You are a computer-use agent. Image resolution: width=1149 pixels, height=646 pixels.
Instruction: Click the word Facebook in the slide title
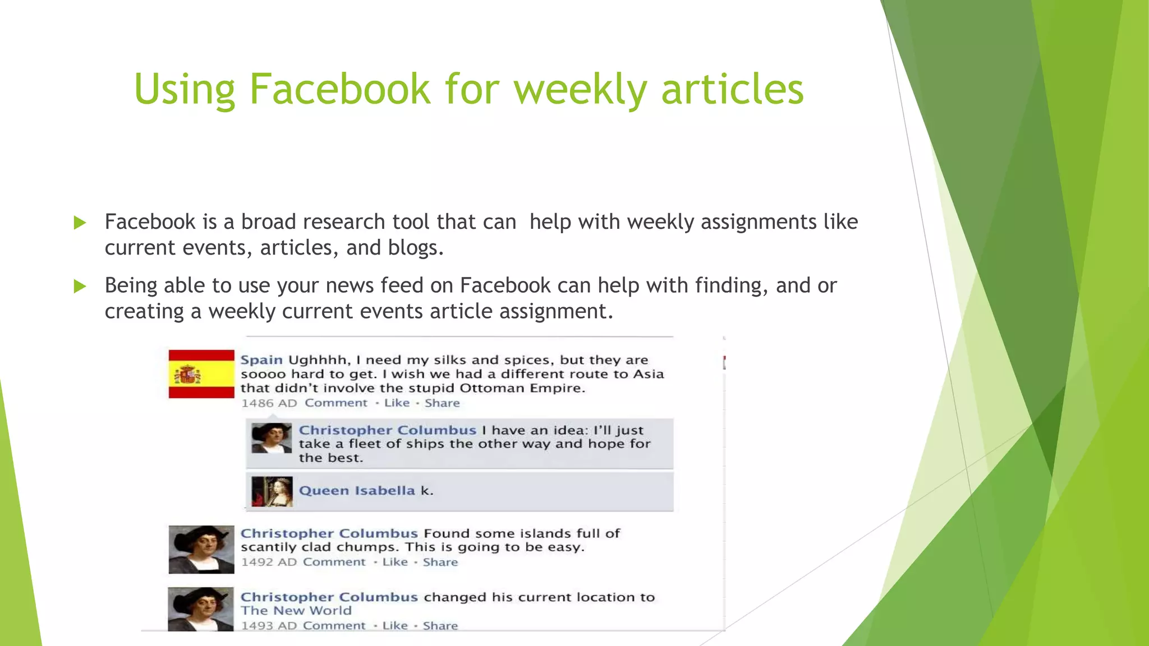pos(339,89)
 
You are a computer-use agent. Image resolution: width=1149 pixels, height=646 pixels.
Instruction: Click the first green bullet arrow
pos(80,223)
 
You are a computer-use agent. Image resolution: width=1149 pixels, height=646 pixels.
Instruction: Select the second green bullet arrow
pos(80,287)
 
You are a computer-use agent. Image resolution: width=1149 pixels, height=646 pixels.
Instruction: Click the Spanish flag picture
pos(201,374)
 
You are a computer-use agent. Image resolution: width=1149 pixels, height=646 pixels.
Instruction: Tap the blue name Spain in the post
pos(261,360)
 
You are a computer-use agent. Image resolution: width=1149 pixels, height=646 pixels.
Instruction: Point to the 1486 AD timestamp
pos(269,403)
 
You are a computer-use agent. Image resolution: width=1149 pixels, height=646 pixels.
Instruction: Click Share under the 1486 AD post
pos(442,403)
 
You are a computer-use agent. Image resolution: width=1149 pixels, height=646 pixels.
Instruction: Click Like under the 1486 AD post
pos(397,403)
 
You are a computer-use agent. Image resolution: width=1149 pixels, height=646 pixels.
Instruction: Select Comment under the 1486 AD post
pos(336,403)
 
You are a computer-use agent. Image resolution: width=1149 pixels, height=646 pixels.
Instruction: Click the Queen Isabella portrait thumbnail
pos(272,492)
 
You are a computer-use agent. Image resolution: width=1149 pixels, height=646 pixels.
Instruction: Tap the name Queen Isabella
pos(357,491)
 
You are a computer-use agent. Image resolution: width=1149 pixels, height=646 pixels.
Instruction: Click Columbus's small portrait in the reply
pos(272,438)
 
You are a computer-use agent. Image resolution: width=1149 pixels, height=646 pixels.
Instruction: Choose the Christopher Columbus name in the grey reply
pos(387,430)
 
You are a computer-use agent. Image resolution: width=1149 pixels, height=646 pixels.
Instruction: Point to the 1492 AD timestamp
pos(269,562)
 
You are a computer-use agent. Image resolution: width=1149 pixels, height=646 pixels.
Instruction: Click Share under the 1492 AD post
pos(440,562)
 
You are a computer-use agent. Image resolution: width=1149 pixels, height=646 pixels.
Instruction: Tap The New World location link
pos(296,611)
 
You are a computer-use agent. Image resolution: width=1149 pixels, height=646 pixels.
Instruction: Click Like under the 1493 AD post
pos(395,626)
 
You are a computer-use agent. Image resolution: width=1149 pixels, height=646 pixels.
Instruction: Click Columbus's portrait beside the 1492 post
pos(201,550)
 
